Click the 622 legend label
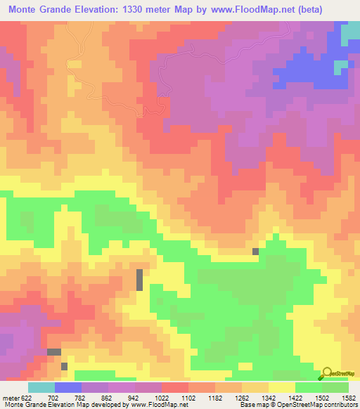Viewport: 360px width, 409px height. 27,397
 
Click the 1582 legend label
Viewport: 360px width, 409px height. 347,397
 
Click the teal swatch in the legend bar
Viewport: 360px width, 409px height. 41,387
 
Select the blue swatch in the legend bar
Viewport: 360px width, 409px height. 68,387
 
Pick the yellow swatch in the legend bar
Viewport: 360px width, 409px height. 281,387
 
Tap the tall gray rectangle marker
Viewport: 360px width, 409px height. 139,279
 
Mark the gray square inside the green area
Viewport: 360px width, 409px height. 255,251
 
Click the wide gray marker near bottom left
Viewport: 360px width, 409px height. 54,351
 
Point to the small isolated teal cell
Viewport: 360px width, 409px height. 340,67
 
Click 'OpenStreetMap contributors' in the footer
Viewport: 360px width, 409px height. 319,405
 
